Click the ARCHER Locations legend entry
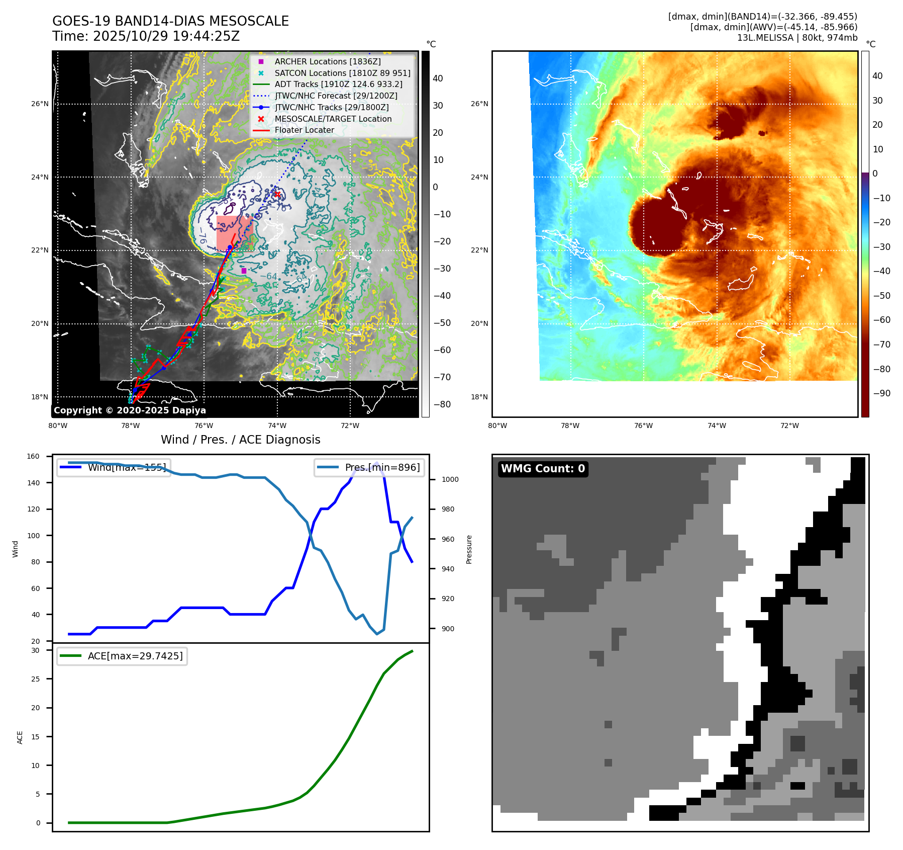click(327, 61)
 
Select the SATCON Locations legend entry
click(342, 73)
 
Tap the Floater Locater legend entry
click(304, 130)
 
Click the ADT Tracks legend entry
click(338, 84)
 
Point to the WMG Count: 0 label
click(543, 469)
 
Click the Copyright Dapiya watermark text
click(130, 410)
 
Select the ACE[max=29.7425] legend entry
click(135, 656)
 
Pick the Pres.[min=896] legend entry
click(382, 467)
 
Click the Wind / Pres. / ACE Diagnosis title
click(240, 440)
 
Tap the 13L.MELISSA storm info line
click(797, 38)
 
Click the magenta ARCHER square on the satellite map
click(244, 271)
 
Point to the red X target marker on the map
click(277, 194)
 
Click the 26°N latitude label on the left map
click(40, 104)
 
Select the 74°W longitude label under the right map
click(717, 426)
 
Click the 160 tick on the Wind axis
click(33, 456)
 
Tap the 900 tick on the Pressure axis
click(447, 629)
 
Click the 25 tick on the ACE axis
click(35, 679)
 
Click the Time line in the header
click(146, 36)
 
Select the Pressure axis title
click(469, 549)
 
